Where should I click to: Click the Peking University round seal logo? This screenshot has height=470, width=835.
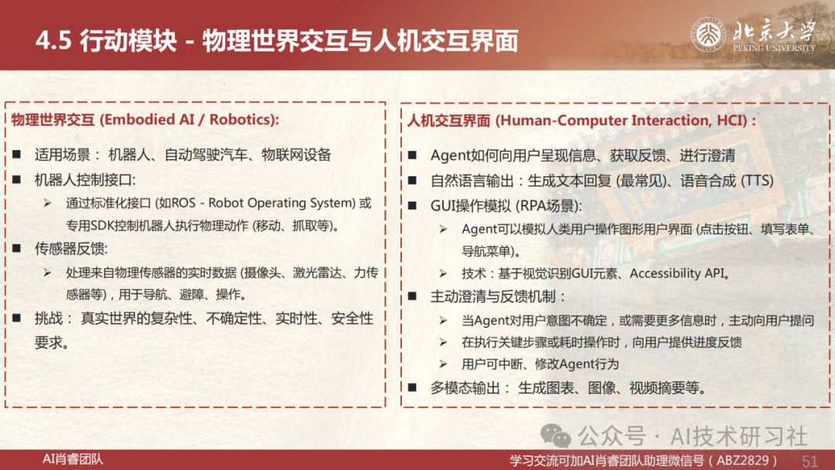(x=709, y=35)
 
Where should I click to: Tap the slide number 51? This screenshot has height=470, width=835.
(x=809, y=461)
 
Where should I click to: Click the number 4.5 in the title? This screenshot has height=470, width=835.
(x=54, y=41)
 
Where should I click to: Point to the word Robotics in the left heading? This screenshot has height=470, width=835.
(x=241, y=119)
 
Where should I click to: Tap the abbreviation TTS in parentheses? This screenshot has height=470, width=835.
(x=757, y=181)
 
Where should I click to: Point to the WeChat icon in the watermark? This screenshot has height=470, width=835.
(x=555, y=436)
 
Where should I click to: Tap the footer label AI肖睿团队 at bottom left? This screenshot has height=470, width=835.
(x=73, y=459)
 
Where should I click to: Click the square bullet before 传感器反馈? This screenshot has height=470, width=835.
(x=17, y=248)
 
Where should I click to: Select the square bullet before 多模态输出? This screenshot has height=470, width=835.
(x=412, y=387)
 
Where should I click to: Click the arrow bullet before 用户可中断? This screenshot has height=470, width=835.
(x=443, y=364)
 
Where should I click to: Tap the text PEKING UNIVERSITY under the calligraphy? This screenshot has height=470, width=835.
(x=774, y=48)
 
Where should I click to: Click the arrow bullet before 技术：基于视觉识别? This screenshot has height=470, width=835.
(x=443, y=274)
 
